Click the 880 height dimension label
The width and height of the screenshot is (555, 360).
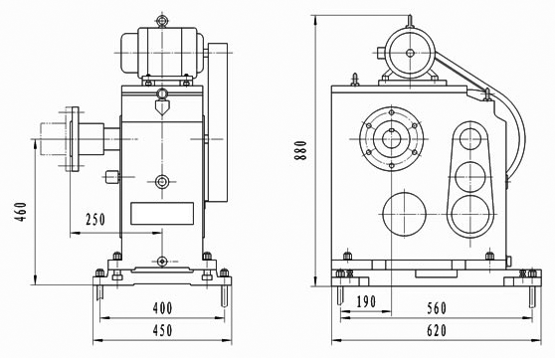tap(300, 150)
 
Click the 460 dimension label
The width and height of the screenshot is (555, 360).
tap(21, 212)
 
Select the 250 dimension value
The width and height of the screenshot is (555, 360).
tap(95, 220)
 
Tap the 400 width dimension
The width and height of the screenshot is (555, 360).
tap(162, 308)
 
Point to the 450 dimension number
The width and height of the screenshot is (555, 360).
tap(162, 330)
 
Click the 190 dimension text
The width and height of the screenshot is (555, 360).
tap(366, 302)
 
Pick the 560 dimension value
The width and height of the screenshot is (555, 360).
tap(437, 308)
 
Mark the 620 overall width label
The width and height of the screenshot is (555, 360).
tap(437, 330)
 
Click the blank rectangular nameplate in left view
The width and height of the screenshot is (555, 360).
tap(162, 214)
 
